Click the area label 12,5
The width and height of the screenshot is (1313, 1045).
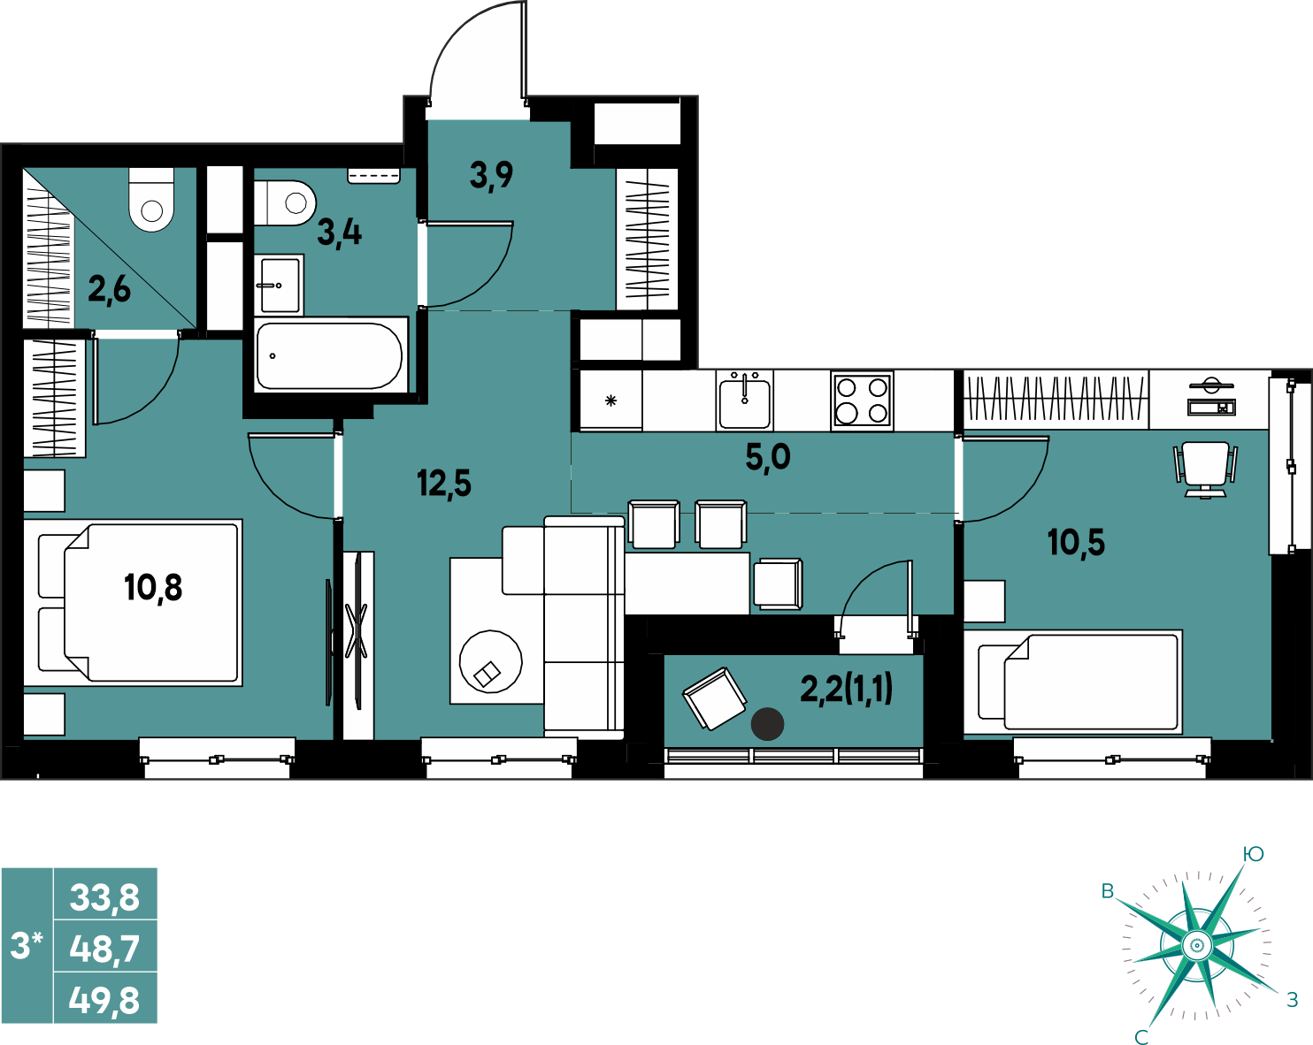coord(444,484)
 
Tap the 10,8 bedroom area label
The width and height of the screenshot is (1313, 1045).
coord(153,588)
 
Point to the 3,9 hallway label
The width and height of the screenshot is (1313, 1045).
coord(491,176)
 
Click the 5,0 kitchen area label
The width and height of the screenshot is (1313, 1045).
coord(768,457)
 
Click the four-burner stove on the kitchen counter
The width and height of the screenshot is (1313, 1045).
coord(862,400)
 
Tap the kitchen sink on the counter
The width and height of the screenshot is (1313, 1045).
coord(744,400)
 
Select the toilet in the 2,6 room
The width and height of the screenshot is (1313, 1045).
coord(151,200)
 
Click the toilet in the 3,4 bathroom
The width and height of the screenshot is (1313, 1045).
coord(285,203)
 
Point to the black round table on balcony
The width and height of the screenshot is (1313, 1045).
coord(767,724)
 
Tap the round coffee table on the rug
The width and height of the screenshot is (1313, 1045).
coord(490,661)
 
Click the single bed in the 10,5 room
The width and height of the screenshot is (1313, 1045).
coord(1073,682)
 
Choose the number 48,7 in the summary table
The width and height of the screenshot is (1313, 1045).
coord(104,950)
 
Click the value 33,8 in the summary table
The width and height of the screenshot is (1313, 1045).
coord(104,897)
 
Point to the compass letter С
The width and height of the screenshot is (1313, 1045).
coord(1141,1036)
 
